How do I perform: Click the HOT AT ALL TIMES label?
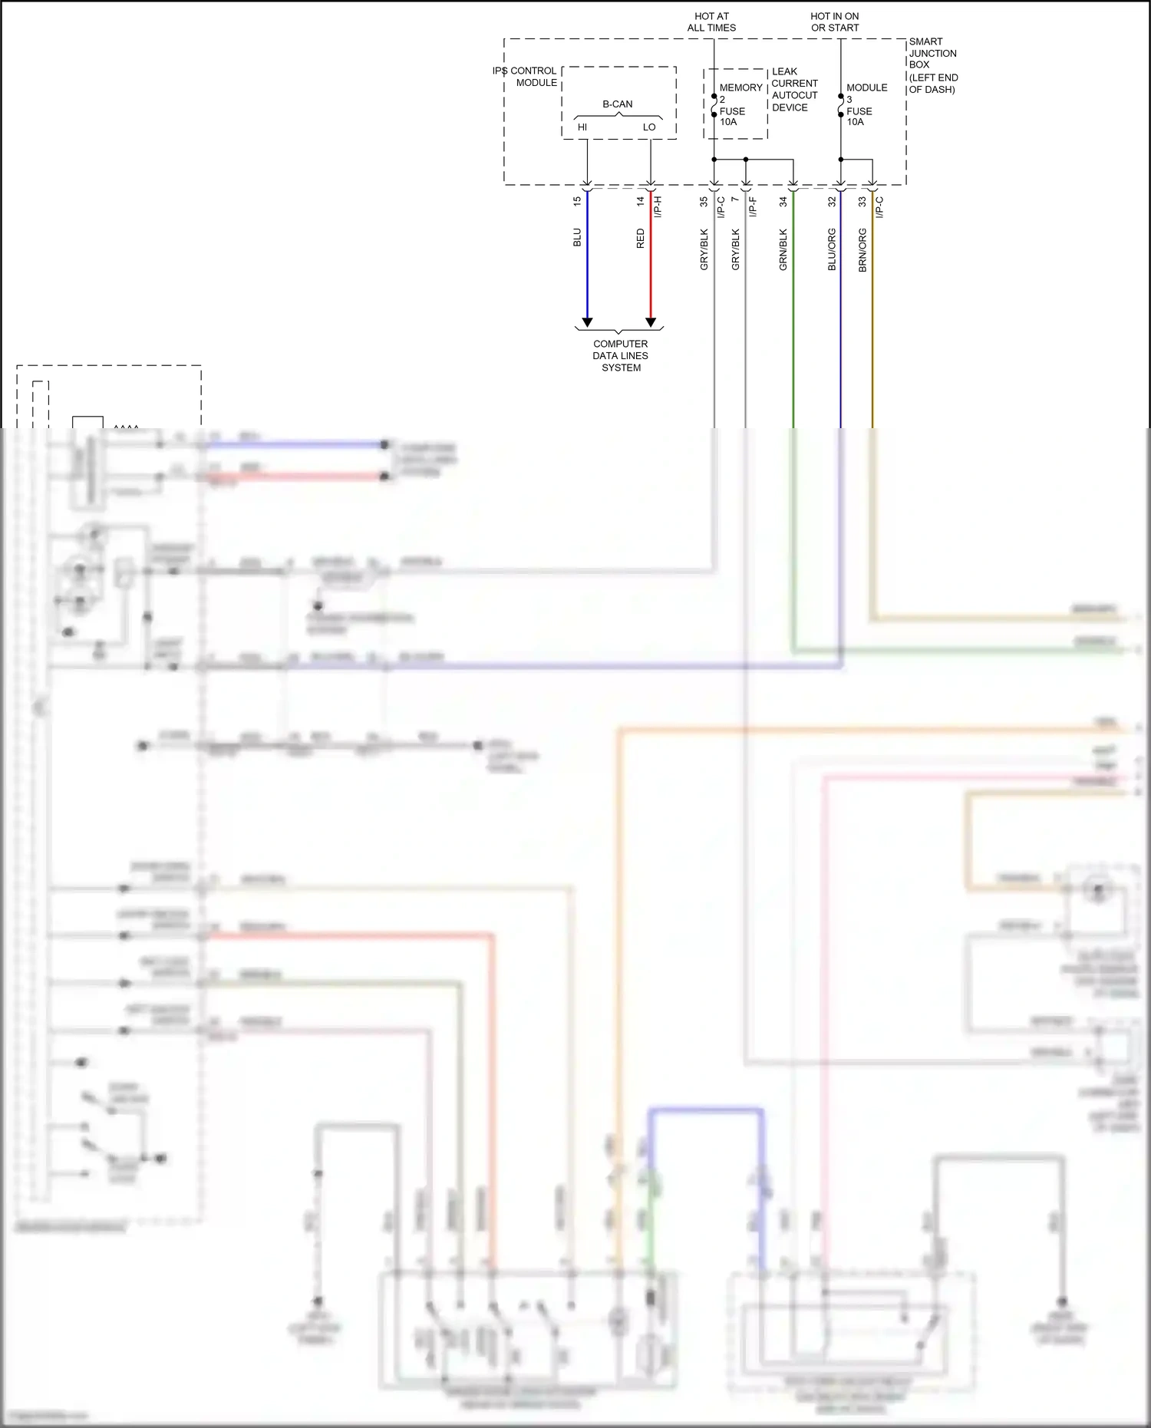pos(711,21)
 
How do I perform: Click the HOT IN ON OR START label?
pos(835,21)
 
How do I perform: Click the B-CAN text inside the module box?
pos(618,104)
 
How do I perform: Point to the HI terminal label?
pos(582,127)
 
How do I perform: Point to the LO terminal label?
pos(649,127)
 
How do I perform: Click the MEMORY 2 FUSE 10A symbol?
pos(714,106)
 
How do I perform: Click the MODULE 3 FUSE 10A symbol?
pos(841,106)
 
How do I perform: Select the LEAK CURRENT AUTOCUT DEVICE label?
pos(795,89)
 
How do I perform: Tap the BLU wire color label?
pos(577,237)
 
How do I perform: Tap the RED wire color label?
pos(641,239)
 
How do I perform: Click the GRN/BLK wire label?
pos(783,249)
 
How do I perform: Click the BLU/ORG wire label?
pos(832,249)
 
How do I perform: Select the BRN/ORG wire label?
pos(862,249)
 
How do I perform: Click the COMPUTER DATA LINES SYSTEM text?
pos(621,355)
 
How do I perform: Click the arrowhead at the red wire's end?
pos(651,322)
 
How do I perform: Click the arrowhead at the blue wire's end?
pos(587,322)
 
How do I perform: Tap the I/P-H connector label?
pos(658,206)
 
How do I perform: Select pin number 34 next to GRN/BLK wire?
pos(783,201)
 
